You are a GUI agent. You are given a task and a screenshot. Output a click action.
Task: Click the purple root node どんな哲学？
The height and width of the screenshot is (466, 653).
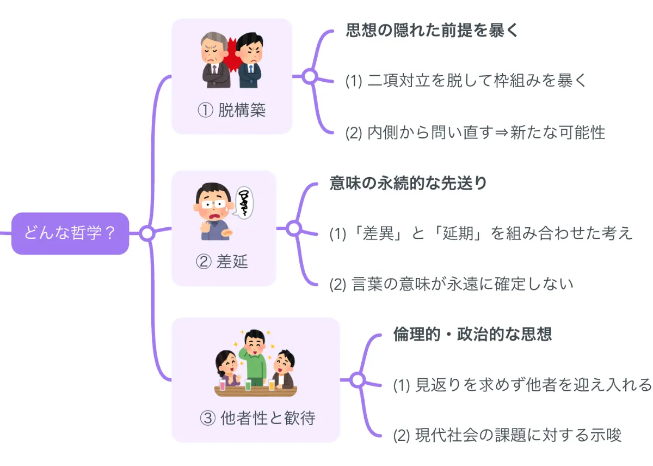pyautogui.click(x=70, y=233)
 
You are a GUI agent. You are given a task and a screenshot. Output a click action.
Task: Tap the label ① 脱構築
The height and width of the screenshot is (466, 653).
pyautogui.click(x=231, y=111)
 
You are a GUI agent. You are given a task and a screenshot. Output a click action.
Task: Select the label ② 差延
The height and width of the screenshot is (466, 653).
pyautogui.click(x=221, y=262)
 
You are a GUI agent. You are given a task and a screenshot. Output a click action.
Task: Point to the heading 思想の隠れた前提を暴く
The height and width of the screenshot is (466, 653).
pyautogui.click(x=433, y=30)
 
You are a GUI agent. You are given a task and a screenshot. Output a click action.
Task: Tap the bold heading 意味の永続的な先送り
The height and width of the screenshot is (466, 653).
pyautogui.click(x=408, y=183)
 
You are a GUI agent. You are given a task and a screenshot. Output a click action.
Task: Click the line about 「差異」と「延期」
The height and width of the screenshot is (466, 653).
pyautogui.click(x=481, y=233)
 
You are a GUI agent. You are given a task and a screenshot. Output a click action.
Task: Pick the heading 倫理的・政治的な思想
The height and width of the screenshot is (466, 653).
pyautogui.click(x=472, y=334)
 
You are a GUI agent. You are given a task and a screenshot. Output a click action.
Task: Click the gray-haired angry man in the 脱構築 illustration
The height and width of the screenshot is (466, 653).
pyautogui.click(x=214, y=60)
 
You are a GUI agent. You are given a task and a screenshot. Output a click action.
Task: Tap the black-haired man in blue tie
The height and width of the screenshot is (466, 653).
pyautogui.click(x=250, y=60)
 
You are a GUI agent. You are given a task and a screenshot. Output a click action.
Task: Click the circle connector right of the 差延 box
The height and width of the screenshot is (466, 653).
pyautogui.click(x=294, y=228)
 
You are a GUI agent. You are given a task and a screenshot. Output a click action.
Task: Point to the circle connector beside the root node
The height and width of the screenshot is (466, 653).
pyautogui.click(x=147, y=233)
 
